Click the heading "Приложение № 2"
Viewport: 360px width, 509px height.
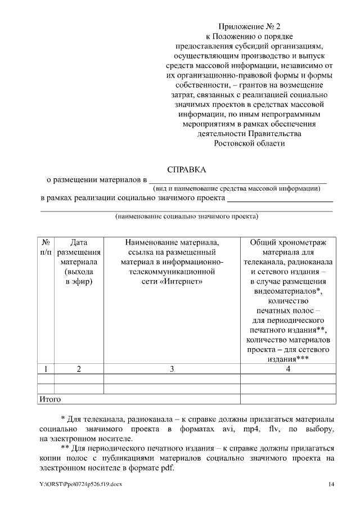point(249,26)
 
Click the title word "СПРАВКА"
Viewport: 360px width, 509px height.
point(187,169)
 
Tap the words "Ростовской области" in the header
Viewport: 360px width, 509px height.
point(249,143)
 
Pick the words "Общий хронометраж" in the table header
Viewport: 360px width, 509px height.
point(288,242)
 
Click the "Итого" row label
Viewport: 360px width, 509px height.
point(49,399)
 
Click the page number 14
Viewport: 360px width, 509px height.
point(331,484)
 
